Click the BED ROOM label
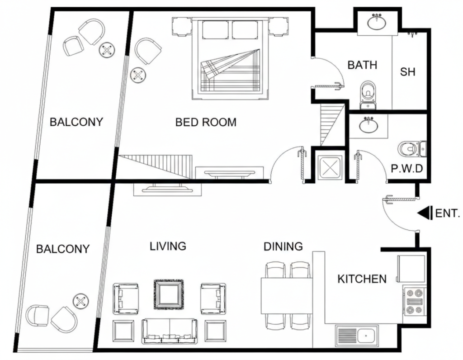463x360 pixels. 206,122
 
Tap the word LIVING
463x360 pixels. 168,246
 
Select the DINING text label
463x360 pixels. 283,246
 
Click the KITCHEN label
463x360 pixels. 362,279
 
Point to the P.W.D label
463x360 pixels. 406,169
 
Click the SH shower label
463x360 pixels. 408,71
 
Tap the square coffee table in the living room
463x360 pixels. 169,294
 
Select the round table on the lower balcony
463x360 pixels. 81,301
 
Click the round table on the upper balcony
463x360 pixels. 107,49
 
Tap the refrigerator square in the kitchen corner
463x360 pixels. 411,269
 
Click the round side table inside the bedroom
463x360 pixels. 137,75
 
